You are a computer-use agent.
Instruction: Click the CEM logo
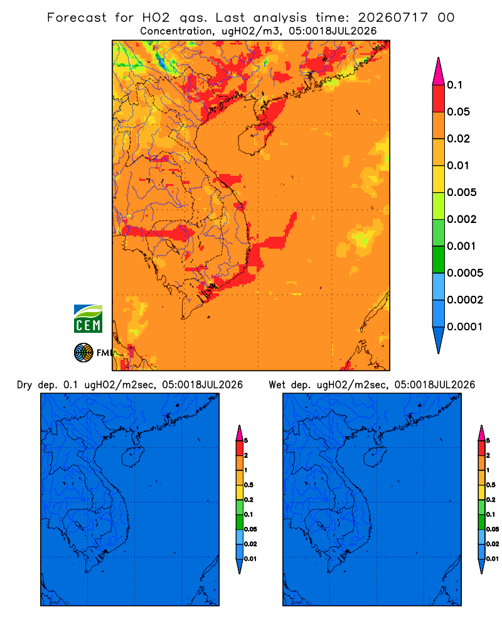pyautogui.click(x=88, y=318)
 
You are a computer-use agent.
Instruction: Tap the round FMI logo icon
pyautogui.click(x=83, y=353)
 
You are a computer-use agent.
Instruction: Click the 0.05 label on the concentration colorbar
pyautogui.click(x=458, y=112)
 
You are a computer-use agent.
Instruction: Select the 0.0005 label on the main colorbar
pyautogui.click(x=465, y=273)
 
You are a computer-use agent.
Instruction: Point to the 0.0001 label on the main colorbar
pyautogui.click(x=465, y=327)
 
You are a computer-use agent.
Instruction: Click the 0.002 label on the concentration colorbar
pyautogui.click(x=462, y=219)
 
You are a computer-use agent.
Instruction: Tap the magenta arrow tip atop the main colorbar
pyautogui.click(x=439, y=71)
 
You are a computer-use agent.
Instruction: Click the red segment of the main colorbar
pyautogui.click(x=439, y=99)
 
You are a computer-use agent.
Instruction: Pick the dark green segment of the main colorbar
pyautogui.click(x=439, y=259)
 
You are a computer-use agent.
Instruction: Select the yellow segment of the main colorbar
pyautogui.click(x=439, y=179)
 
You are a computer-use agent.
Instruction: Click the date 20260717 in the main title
pyautogui.click(x=393, y=18)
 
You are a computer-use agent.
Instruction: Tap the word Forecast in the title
pyautogui.click(x=77, y=18)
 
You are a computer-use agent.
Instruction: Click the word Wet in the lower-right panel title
pyautogui.click(x=277, y=385)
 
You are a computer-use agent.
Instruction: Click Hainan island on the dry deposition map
pyautogui.click(x=132, y=457)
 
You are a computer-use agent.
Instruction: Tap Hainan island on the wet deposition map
pyautogui.click(x=374, y=457)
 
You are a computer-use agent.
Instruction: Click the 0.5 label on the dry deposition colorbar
pyautogui.click(x=248, y=485)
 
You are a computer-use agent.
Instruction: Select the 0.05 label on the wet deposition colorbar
pyautogui.click(x=493, y=529)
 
